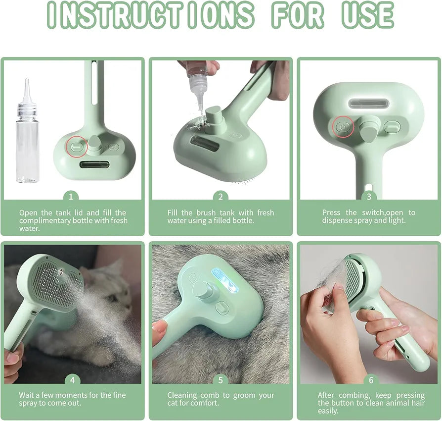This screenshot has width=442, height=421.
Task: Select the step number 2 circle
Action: (221, 197)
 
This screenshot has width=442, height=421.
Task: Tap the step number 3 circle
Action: (369, 197)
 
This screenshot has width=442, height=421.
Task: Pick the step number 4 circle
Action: (73, 380)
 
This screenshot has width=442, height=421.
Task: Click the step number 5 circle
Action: (221, 380)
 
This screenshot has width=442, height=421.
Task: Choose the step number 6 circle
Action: (371, 380)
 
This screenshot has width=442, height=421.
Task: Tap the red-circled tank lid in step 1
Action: (77, 147)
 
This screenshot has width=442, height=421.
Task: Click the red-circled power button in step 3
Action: (343, 127)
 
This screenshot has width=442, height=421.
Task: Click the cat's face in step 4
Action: (109, 292)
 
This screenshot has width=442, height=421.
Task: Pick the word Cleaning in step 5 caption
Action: (181, 395)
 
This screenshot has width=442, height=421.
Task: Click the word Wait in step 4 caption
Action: (27, 395)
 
